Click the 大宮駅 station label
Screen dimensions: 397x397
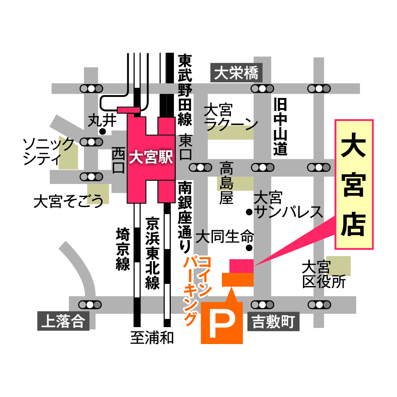151,157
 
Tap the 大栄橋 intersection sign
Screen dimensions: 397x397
236,73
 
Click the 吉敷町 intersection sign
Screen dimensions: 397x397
273,321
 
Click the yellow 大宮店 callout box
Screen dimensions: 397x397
354,184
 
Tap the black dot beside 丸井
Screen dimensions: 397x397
103,131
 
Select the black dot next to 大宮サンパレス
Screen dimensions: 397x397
249,212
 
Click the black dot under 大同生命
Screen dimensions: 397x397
249,247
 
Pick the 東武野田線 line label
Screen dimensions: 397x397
185,90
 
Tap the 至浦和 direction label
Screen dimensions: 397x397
152,338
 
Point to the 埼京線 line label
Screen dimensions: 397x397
123,249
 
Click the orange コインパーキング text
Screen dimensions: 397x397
196,290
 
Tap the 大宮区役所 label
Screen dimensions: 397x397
323,275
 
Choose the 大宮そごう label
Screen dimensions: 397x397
68,201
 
